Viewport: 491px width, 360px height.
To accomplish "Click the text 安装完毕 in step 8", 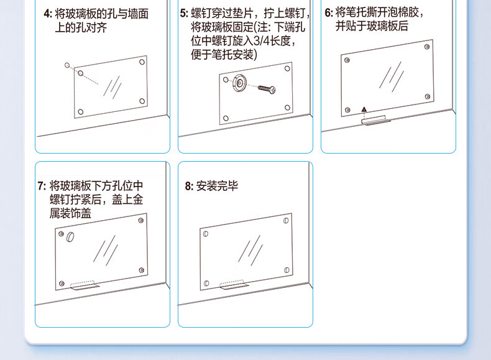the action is tap(217, 186).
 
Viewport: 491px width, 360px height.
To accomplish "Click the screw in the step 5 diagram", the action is tap(267, 89).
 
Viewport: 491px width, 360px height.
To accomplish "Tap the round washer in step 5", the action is tap(239, 83).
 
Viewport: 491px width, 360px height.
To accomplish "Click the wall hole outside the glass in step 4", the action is tap(67, 65).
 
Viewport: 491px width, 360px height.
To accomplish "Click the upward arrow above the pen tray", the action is tap(364, 109).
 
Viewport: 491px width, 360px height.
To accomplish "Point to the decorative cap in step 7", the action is tap(70, 237).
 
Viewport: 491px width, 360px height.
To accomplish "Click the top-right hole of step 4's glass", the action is tap(142, 62).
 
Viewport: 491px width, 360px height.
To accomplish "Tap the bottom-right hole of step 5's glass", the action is tap(287, 108).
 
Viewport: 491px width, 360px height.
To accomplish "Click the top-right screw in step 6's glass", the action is tap(427, 47).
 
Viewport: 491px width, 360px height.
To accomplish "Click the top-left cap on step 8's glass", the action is tap(206, 234).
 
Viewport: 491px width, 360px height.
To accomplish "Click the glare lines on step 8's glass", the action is tap(250, 251).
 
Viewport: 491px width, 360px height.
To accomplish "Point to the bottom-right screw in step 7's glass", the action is tap(141, 270).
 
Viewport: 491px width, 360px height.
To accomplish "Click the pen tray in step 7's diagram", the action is tap(85, 285).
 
